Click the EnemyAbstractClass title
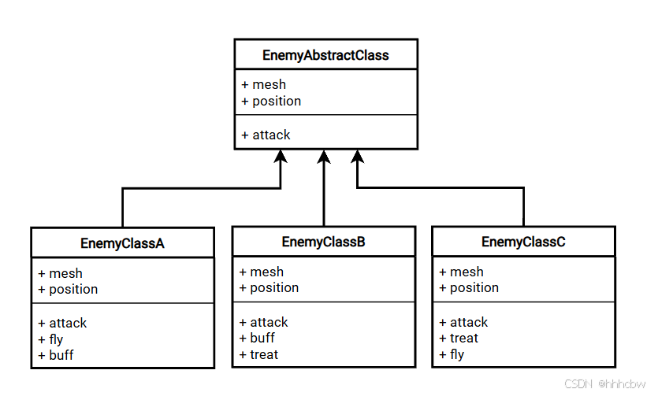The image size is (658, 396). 325,55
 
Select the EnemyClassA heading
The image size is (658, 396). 122,243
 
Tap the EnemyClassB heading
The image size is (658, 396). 323,242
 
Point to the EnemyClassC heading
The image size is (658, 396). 523,242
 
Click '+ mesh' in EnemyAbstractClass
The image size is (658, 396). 264,84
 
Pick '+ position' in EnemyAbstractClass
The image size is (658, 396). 271,101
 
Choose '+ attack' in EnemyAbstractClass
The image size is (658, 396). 266,135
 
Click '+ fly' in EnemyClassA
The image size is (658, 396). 50,339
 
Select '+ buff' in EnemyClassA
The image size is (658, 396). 55,355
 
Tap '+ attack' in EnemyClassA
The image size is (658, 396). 62,323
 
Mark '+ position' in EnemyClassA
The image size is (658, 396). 68,289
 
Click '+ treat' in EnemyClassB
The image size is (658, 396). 258,354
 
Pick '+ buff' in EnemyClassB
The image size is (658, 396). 257,338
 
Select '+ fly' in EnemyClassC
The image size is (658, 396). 452,354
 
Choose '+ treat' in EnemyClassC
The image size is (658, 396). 459,338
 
